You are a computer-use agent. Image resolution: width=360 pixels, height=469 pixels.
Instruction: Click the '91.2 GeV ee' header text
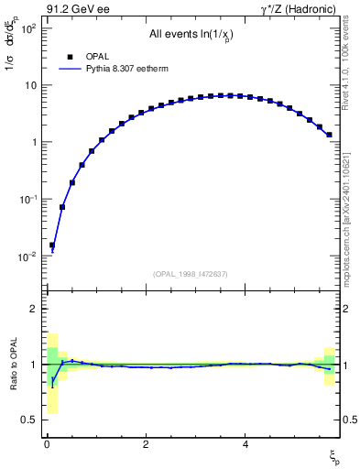click(76, 10)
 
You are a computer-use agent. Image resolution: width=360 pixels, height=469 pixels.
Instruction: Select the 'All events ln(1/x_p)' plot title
click(191, 35)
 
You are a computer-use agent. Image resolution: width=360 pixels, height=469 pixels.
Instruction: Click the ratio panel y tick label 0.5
click(28, 420)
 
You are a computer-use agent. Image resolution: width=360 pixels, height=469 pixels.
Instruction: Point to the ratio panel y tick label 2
click(33, 309)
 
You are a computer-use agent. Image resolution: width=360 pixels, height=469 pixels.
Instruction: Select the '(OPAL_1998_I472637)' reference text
click(191, 274)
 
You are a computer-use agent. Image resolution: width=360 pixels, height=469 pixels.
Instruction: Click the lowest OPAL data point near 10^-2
click(52, 245)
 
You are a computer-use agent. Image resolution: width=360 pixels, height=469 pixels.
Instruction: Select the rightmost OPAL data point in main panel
click(329, 135)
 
